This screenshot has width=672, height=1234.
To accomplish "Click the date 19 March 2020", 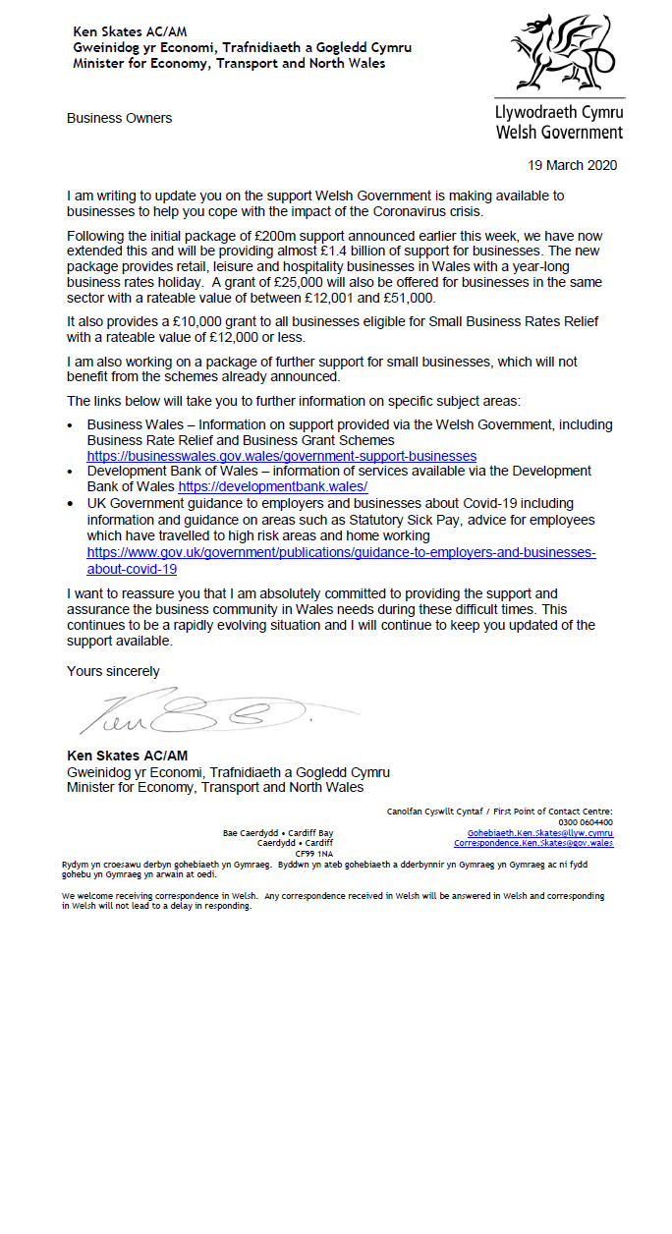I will point(573,165).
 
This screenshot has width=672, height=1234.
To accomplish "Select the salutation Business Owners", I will point(119,118).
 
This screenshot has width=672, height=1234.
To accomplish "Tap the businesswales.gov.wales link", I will point(282,456).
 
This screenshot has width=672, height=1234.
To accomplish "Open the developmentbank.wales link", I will point(273,486).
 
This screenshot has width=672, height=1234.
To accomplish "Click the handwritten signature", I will point(196,712).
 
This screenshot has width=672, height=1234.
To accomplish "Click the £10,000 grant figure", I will point(199,322).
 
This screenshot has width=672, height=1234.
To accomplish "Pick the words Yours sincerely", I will point(113,671).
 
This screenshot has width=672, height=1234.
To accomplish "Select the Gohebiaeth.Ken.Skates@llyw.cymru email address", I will point(540,833).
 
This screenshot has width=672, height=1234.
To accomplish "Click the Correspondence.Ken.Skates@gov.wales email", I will point(533,843).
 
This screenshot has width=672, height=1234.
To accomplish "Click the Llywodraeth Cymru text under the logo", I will point(559,113).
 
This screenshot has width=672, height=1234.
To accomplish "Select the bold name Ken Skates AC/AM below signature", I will point(127,756).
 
